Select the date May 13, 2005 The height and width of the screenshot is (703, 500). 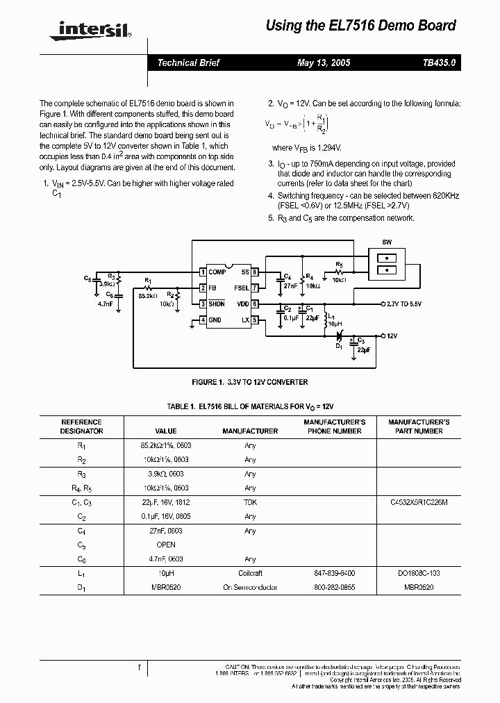[x=324, y=63]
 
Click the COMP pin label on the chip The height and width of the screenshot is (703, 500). [x=218, y=272]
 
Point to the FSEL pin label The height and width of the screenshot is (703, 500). [x=242, y=288]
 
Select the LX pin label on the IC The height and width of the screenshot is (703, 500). [x=245, y=320]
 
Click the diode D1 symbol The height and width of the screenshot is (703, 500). [x=340, y=336]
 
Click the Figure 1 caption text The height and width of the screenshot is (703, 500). [x=249, y=382]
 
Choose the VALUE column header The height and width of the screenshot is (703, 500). [x=166, y=431]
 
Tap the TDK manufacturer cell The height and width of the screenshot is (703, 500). [x=250, y=502]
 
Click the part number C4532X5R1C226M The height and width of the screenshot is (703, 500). [x=415, y=502]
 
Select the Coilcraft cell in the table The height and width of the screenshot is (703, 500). [x=250, y=573]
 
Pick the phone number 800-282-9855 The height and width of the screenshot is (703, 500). [x=333, y=588]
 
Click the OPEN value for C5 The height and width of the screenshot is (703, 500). [x=166, y=545]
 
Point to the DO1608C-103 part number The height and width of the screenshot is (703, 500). [x=415, y=573]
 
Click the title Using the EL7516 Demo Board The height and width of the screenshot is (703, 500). [x=361, y=26]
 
